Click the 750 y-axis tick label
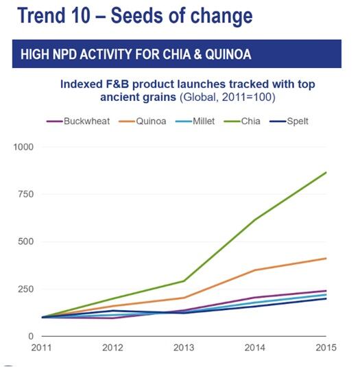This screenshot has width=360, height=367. (x=27, y=194)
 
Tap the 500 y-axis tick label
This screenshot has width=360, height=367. (x=27, y=241)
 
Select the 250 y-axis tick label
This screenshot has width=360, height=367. (x=27, y=289)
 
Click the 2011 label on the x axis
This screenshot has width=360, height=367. (x=43, y=348)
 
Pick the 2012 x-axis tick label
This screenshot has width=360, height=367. (x=114, y=348)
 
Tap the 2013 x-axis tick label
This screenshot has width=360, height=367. (x=184, y=348)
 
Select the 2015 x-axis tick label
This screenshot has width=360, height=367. (x=326, y=348)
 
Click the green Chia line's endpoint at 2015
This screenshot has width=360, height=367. (x=326, y=172)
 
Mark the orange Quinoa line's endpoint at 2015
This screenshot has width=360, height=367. (x=326, y=258)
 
